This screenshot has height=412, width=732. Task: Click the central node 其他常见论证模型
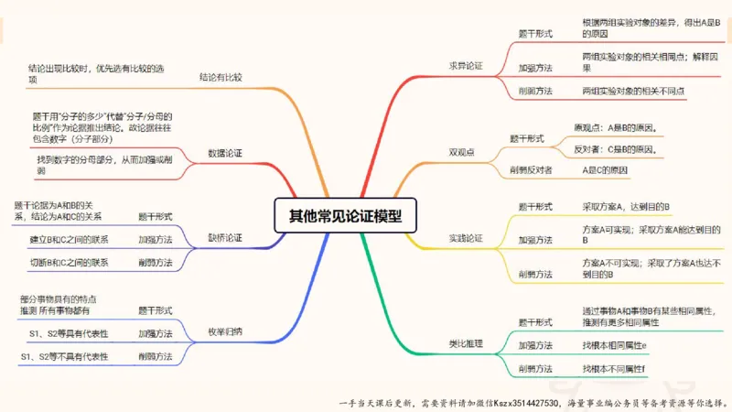pyautogui.click(x=345, y=216)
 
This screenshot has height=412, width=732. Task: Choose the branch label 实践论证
pyautogui.click(x=465, y=238)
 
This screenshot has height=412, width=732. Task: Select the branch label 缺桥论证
pyautogui.click(x=225, y=238)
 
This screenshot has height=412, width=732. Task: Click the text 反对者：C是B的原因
pyautogui.click(x=615, y=148)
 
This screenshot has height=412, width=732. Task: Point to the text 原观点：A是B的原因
pyautogui.click(x=615, y=127)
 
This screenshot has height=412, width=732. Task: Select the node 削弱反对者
pyautogui.click(x=530, y=170)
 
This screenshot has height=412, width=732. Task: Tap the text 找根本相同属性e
pyautogui.click(x=614, y=345)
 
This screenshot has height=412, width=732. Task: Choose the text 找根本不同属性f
pyautogui.click(x=613, y=368)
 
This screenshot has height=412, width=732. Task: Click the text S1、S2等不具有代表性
pyautogui.click(x=69, y=356)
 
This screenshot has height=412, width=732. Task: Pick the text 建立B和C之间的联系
pyautogui.click(x=69, y=240)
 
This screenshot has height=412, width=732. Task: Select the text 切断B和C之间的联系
pyautogui.click(x=69, y=263)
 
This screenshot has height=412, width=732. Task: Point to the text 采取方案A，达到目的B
pyautogui.click(x=628, y=207)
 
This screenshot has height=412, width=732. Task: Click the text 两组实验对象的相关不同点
pyautogui.click(x=633, y=92)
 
